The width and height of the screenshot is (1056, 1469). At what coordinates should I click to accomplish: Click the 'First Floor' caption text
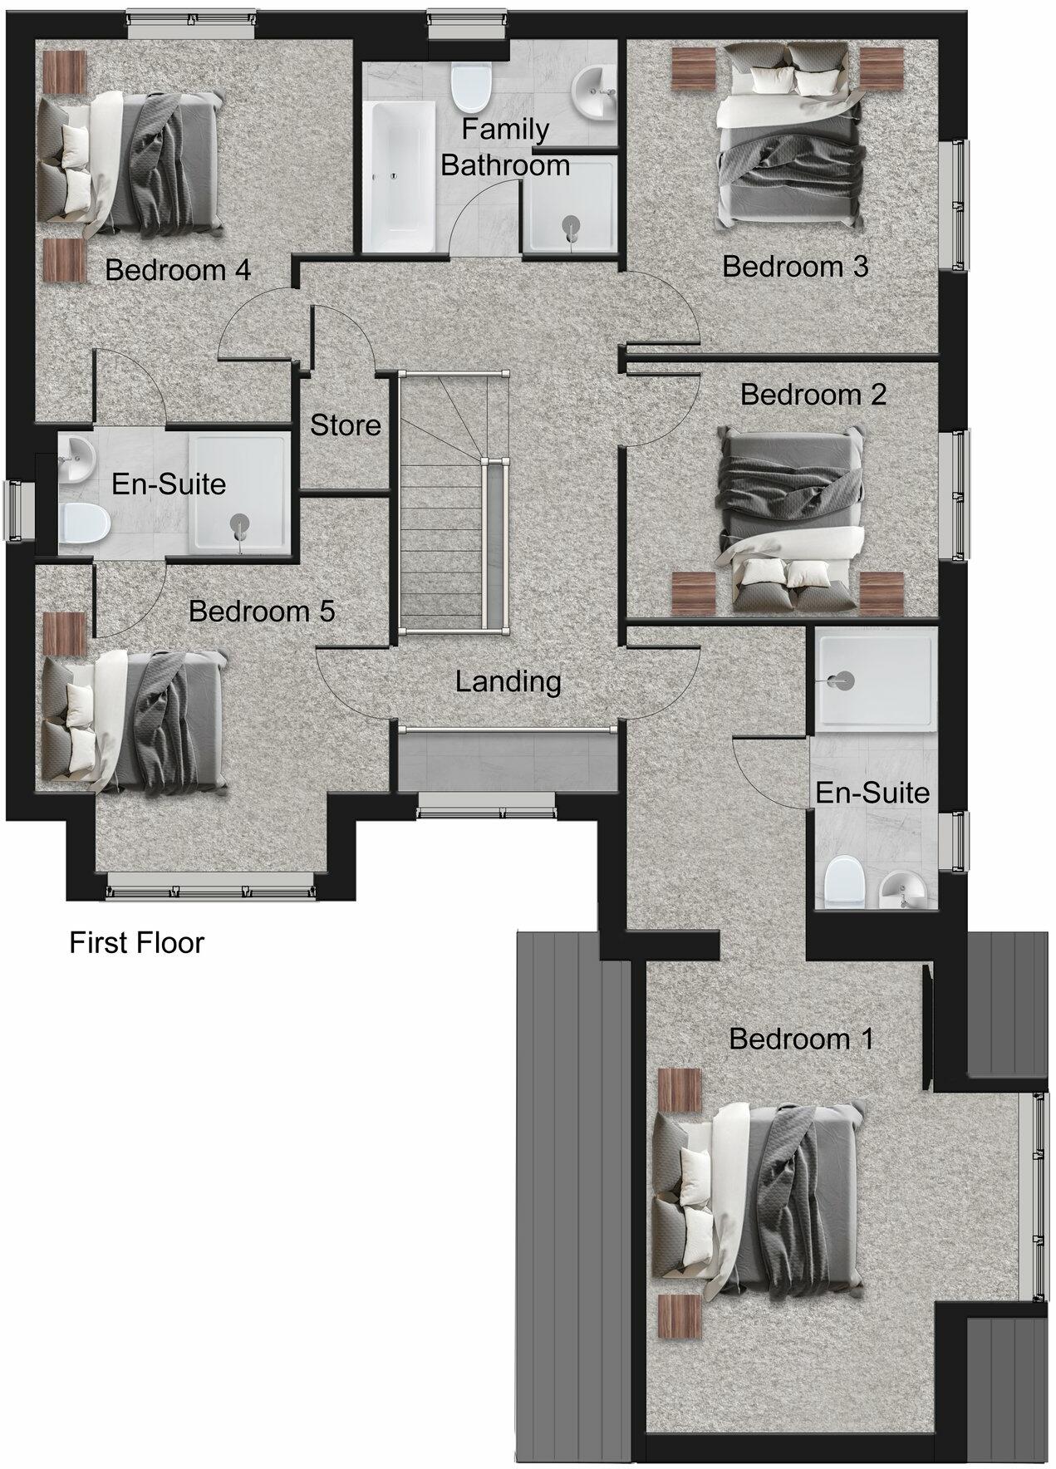[x=136, y=942]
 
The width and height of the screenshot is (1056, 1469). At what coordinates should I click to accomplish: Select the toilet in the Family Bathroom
[x=469, y=87]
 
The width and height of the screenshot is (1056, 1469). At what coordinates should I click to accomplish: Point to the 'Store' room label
[x=345, y=425]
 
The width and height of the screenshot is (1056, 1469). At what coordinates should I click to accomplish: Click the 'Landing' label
[x=508, y=681]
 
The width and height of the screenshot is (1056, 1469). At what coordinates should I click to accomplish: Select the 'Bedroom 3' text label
[x=794, y=267]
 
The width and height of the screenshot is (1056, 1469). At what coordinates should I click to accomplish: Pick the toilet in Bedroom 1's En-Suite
[x=845, y=882]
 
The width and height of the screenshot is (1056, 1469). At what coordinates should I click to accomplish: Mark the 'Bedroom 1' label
[x=801, y=1039]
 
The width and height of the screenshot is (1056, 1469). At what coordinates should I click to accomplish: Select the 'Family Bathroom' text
[x=505, y=147]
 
